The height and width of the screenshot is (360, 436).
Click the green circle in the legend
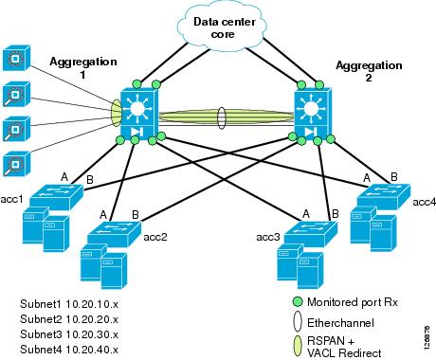coord(299,302)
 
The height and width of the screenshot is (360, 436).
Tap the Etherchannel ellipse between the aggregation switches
coord(222,117)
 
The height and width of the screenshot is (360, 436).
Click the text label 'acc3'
coord(267,235)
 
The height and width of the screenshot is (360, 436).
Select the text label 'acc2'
coord(154,236)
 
